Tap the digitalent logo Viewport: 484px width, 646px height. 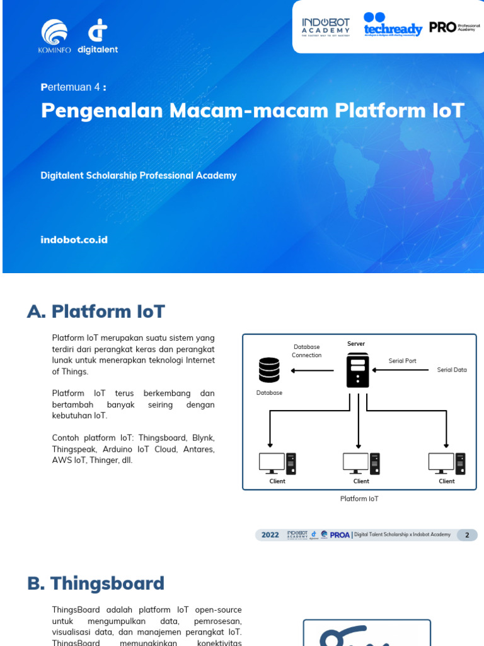[98, 36]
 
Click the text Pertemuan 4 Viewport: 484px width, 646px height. [73, 87]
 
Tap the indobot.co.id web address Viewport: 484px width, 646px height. [74, 240]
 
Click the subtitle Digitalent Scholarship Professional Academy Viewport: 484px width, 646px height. [139, 175]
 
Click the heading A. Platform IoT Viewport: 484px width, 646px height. [96, 311]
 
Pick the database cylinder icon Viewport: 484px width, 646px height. [269, 370]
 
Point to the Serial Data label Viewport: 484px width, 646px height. [452, 370]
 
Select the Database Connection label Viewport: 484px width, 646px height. [307, 351]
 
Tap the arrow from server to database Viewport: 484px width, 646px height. [311, 370]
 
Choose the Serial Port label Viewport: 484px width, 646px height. [402, 361]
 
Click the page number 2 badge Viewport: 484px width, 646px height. [467, 535]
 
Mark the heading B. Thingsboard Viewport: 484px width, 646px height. [96, 584]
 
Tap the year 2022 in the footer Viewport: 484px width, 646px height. [270, 535]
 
